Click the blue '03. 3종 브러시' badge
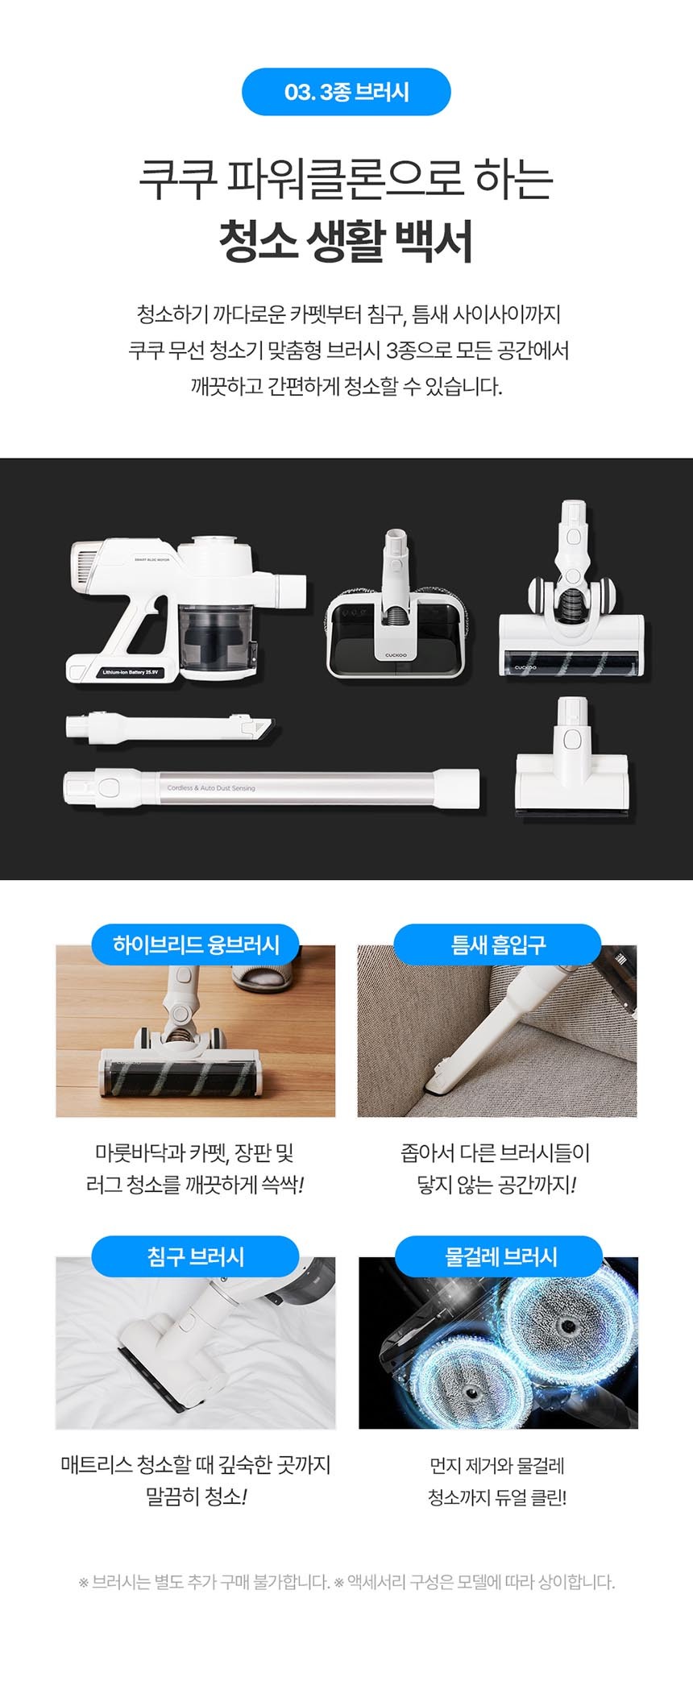tap(346, 92)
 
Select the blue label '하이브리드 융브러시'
tap(196, 944)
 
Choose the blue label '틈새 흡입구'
tap(497, 944)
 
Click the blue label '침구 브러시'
tap(196, 1256)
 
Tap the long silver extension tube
tap(272, 787)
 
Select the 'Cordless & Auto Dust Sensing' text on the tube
tap(211, 788)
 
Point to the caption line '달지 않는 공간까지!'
tap(496, 1185)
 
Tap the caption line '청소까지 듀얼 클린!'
tap(497, 1497)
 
